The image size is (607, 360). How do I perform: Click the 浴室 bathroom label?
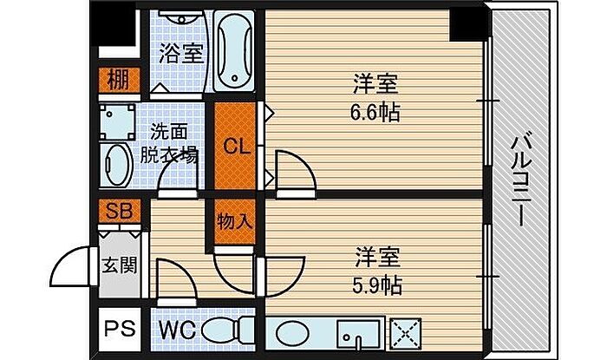(181, 54)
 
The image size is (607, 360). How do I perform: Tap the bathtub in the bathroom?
(234, 50)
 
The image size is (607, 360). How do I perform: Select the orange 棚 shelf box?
(119, 81)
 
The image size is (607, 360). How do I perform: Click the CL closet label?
(236, 147)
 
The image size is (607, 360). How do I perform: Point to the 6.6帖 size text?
(375, 113)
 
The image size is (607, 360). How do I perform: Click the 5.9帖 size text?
(376, 285)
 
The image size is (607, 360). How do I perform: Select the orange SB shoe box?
(120, 212)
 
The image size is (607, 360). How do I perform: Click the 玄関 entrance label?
(120, 265)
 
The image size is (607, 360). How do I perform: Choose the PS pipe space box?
(120, 329)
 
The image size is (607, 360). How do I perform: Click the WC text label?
(178, 331)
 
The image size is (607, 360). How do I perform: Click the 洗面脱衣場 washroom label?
(168, 144)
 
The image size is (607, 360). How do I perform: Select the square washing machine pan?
(117, 122)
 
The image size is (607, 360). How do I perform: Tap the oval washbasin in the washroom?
(117, 166)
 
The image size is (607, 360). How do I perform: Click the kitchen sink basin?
(358, 335)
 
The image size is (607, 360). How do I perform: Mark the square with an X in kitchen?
(406, 334)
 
